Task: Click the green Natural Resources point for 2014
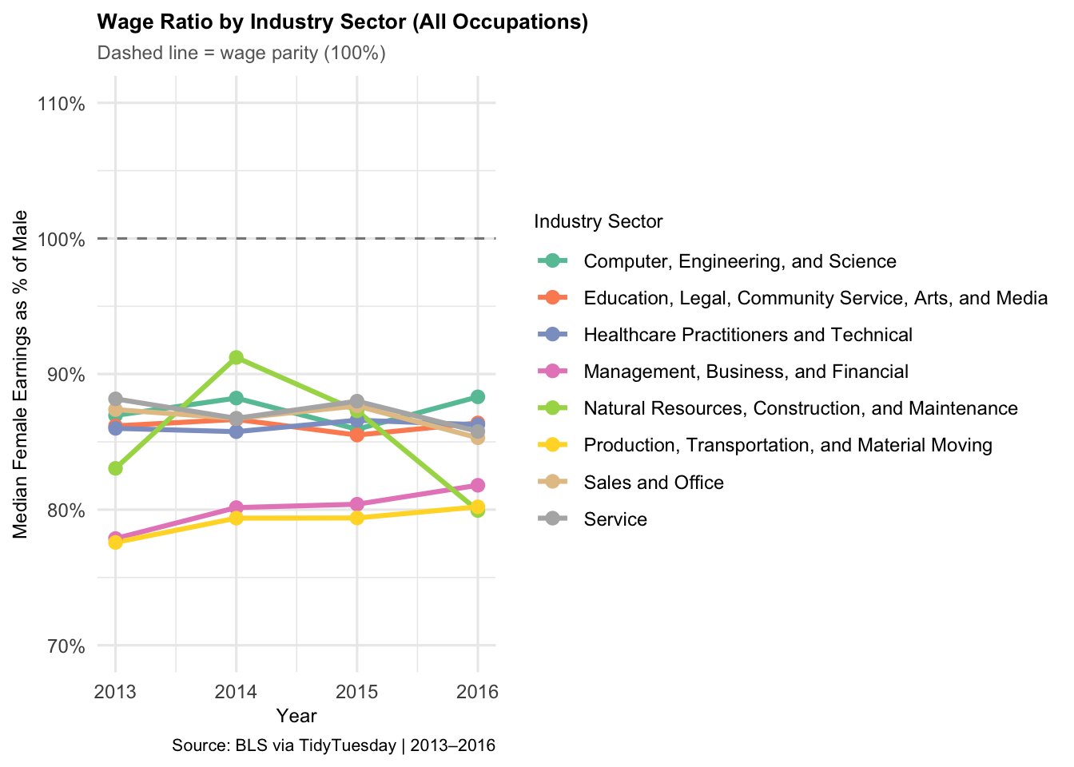(x=236, y=357)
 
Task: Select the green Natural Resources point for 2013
(x=115, y=468)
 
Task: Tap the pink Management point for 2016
(x=478, y=485)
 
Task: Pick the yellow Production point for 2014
(x=236, y=518)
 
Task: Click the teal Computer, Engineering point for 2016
(x=478, y=397)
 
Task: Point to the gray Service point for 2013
(x=115, y=399)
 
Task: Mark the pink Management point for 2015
(x=356, y=504)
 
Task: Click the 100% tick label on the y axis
(x=62, y=239)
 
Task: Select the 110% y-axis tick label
(x=62, y=104)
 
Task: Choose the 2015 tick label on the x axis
(x=356, y=692)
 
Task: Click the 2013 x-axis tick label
(x=115, y=692)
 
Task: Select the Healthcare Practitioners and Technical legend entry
(x=724, y=335)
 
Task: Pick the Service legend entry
(x=591, y=519)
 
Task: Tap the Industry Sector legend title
(x=599, y=221)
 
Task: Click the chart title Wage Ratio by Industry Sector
(x=342, y=22)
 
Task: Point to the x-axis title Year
(x=296, y=716)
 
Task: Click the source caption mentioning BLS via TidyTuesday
(x=334, y=745)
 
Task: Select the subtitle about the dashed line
(x=241, y=53)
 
